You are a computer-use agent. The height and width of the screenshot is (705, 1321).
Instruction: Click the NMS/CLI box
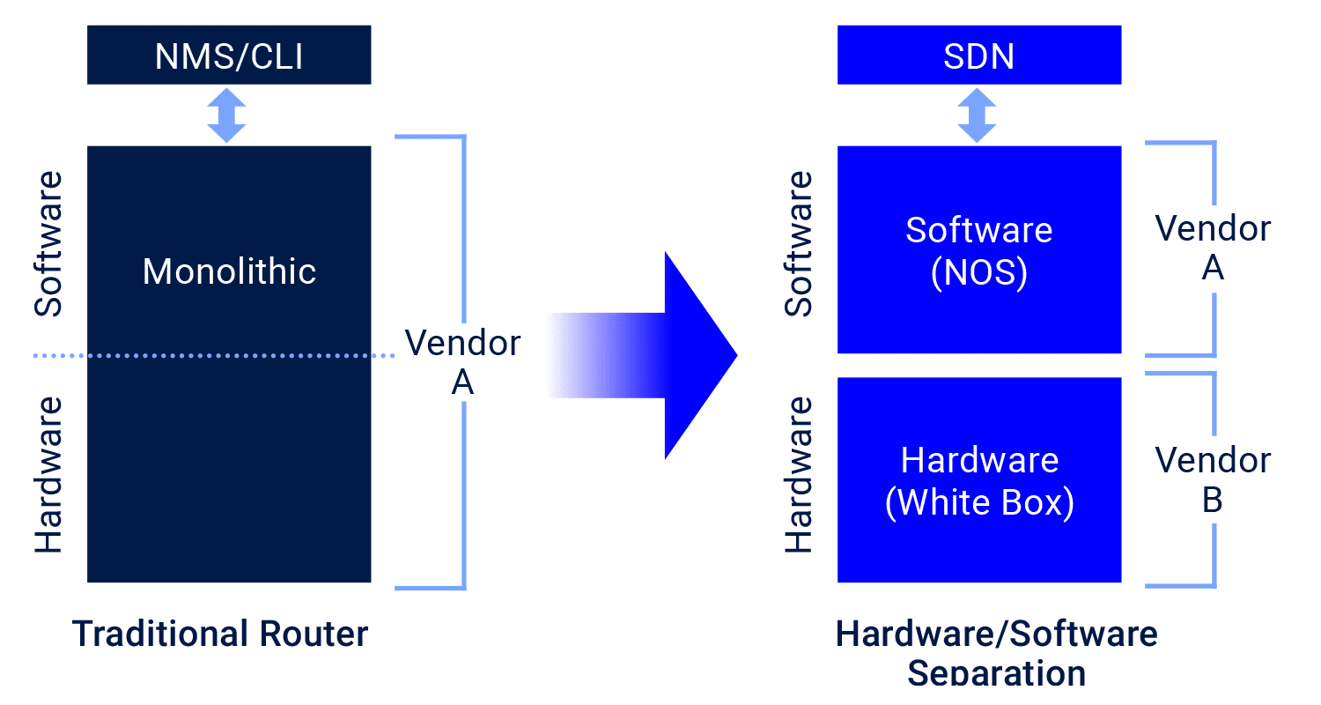(229, 56)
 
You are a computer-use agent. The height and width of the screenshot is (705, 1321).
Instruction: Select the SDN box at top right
(978, 56)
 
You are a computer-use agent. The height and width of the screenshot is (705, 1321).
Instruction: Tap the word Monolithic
(229, 271)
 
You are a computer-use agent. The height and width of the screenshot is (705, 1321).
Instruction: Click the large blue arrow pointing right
(643, 355)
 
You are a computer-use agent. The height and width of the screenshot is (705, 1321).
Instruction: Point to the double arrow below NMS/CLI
(227, 115)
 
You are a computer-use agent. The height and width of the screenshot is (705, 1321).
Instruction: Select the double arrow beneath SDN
(977, 115)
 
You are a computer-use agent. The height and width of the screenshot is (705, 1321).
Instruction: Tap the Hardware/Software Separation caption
(996, 652)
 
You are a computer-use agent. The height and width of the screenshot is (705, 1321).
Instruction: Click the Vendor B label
(1213, 479)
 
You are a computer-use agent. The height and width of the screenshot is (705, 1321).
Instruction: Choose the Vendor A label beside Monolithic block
(462, 362)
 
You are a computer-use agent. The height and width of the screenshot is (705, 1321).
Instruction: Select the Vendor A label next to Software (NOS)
(1213, 248)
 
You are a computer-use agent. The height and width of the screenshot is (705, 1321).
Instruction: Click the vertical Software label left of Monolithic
(49, 244)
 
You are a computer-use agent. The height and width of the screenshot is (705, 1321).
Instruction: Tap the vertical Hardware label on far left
(49, 474)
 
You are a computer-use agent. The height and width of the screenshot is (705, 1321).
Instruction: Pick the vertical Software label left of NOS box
(799, 244)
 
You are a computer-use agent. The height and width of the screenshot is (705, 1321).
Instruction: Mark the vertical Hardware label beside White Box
(799, 474)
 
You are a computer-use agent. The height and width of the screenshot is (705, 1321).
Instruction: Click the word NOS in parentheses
(979, 274)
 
